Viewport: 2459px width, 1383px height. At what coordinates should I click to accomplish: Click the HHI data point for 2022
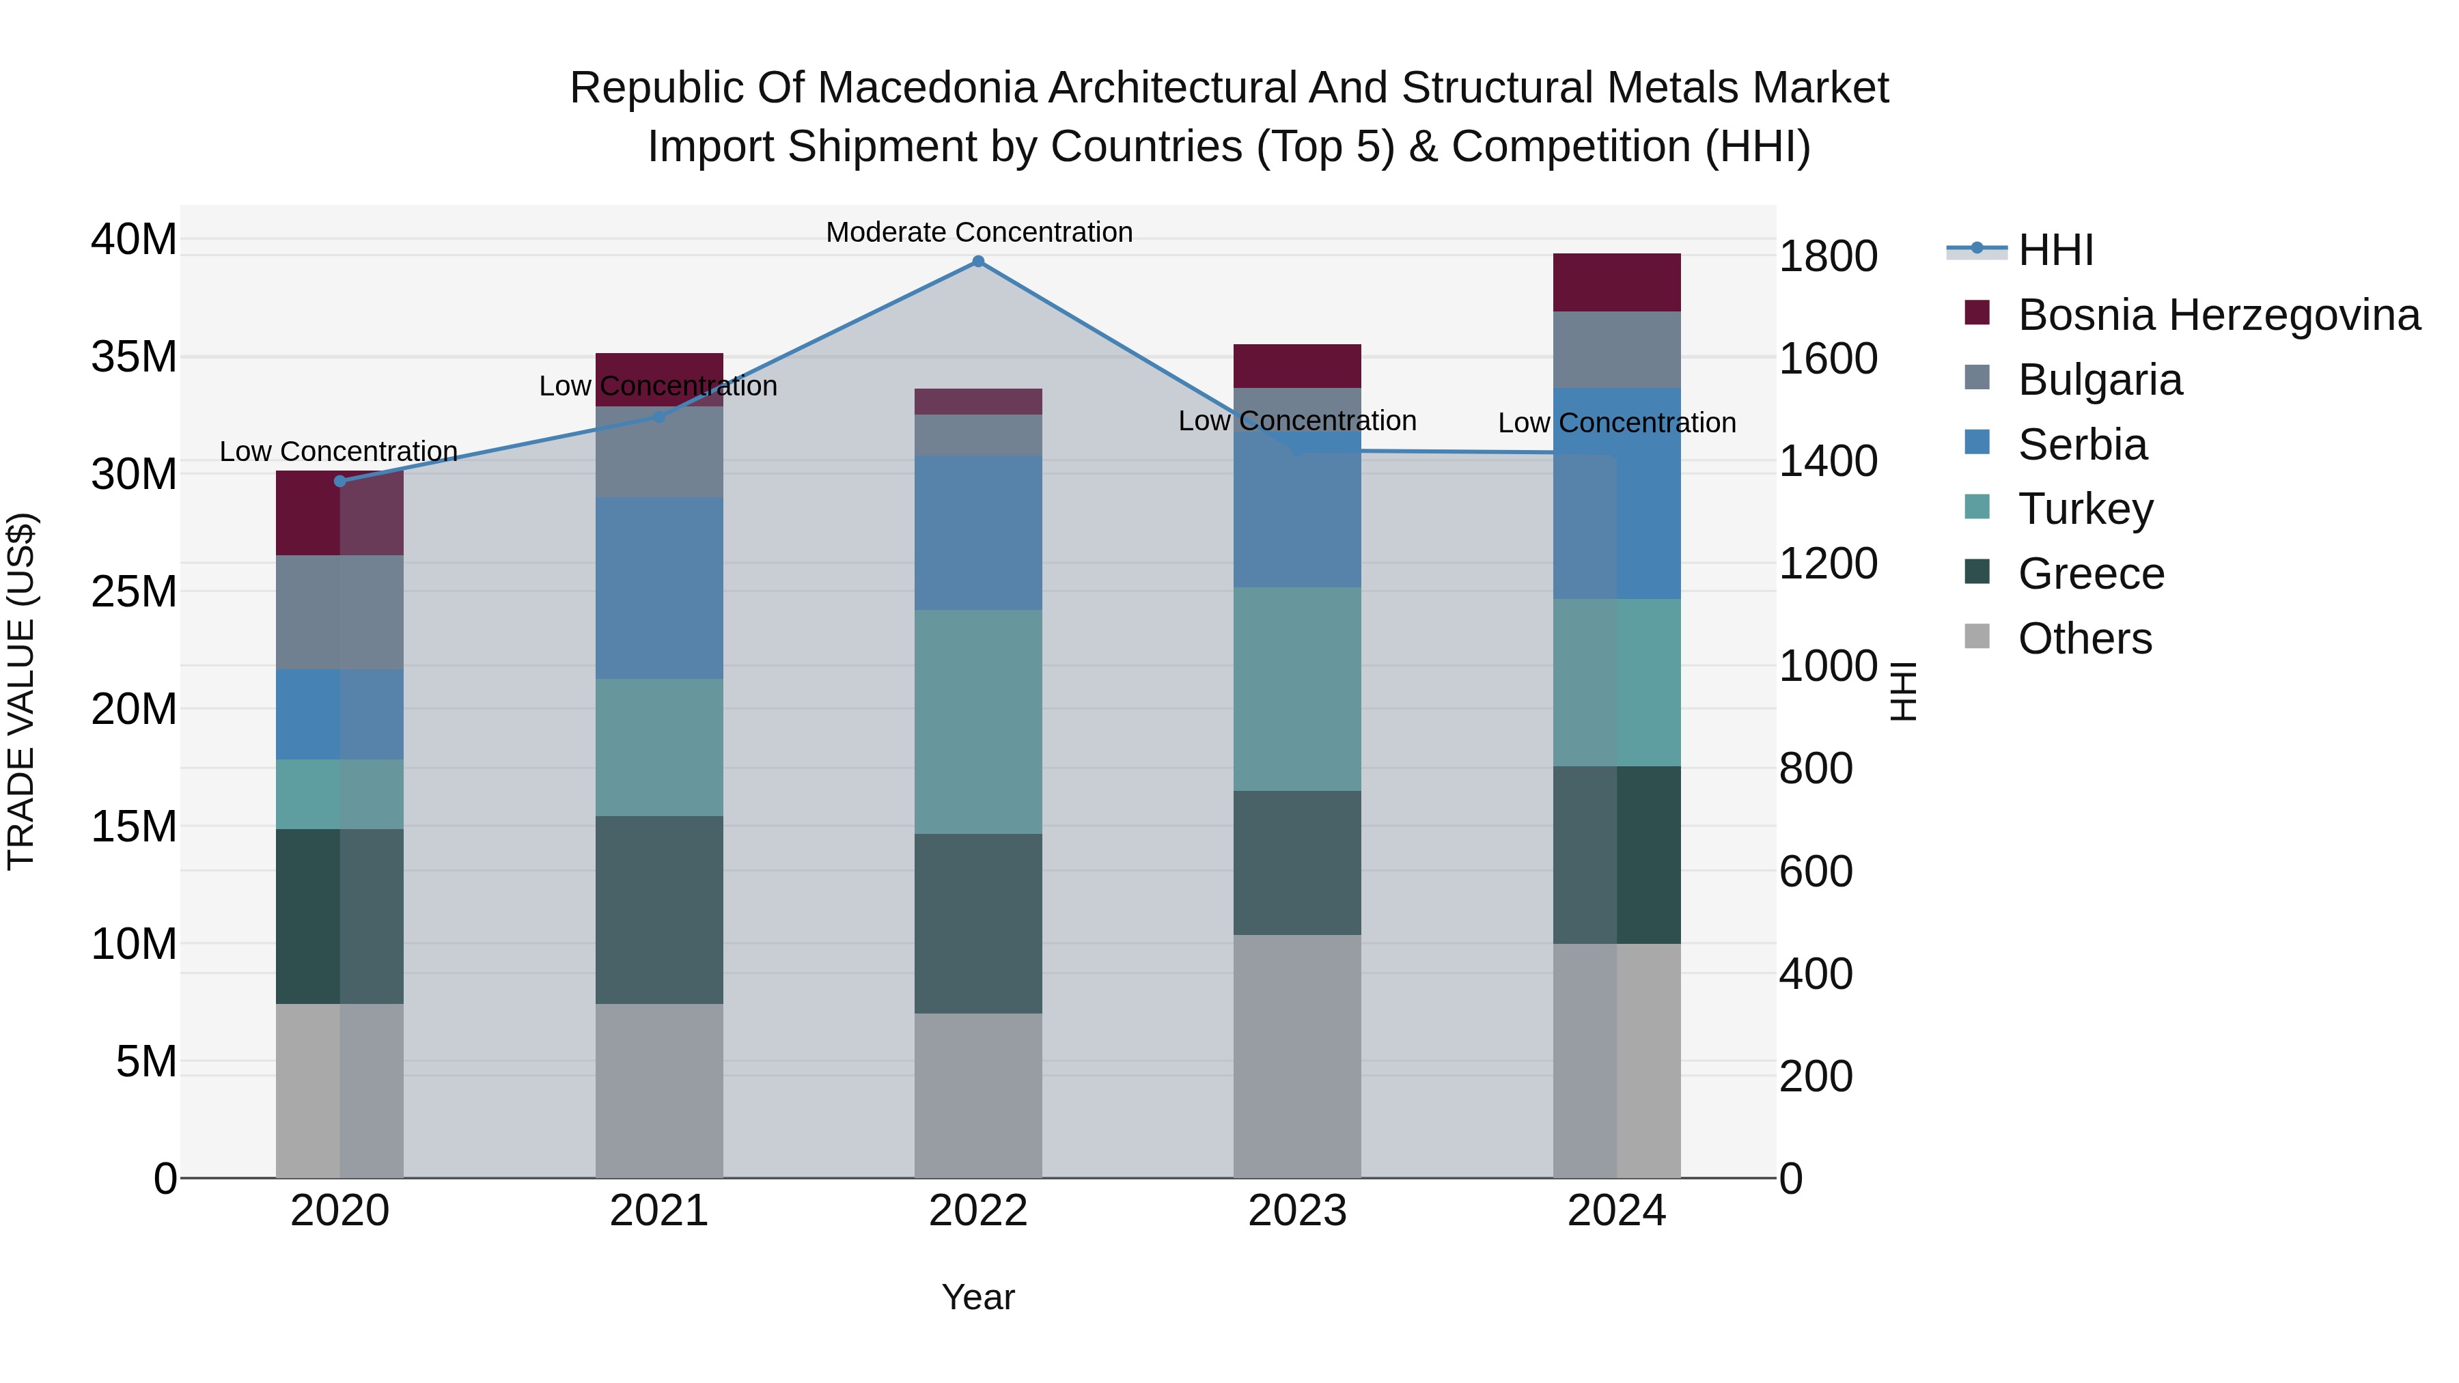977,261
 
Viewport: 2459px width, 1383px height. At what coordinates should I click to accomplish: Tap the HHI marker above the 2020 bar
340,481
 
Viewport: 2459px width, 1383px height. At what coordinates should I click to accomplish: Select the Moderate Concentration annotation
978,232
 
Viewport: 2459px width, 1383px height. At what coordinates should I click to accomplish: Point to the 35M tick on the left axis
134,357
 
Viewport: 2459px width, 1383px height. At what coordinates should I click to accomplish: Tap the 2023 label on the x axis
1296,1211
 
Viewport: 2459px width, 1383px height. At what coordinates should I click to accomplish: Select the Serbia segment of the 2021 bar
658,588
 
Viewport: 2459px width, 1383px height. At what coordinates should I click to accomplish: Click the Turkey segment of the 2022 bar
977,722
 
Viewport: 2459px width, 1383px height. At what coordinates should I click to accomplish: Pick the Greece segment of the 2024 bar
1616,854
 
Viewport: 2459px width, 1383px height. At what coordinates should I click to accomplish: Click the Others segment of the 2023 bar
1296,1056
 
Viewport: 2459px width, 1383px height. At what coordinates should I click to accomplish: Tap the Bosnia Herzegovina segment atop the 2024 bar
1616,283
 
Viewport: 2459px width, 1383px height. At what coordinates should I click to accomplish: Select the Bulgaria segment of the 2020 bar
340,612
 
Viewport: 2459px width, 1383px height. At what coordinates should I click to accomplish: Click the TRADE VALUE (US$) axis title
21,691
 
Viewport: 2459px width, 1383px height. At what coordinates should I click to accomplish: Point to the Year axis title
977,1297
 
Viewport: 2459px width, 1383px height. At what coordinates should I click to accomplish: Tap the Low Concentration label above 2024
1616,423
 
